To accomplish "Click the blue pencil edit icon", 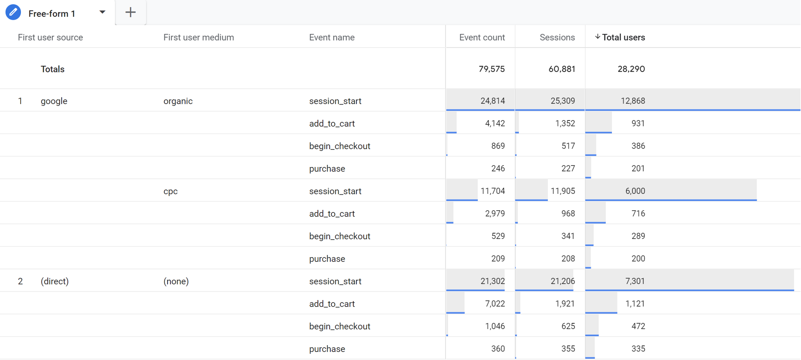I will (13, 12).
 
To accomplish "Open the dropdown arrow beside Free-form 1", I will (102, 12).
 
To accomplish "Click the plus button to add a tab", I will (130, 12).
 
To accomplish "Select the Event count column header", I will (482, 37).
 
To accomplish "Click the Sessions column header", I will (557, 37).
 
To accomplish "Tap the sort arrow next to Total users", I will (597, 37).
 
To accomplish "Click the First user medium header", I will (198, 37).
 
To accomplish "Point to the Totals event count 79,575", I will (491, 69).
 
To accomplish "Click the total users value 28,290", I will (631, 69).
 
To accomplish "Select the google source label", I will (54, 101).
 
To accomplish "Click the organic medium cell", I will (178, 101).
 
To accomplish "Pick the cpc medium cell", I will (170, 191).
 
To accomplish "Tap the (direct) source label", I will (54, 281).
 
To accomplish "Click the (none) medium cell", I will (176, 281).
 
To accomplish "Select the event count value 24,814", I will (492, 101).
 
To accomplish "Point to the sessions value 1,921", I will (565, 304).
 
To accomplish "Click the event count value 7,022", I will (495, 304).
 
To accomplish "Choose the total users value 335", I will (638, 349).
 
